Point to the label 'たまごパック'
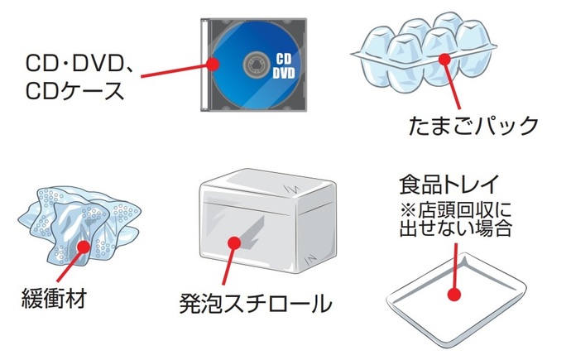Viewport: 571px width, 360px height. (474, 126)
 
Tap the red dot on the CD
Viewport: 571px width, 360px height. (213, 64)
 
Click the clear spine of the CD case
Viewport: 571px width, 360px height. (204, 62)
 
